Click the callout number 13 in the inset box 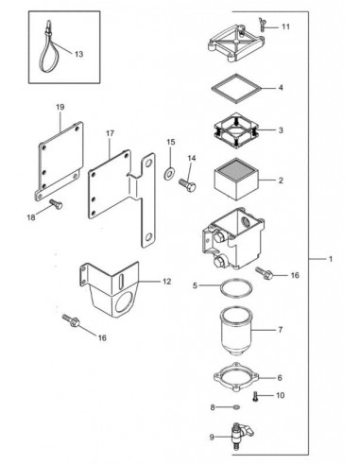tap(78, 55)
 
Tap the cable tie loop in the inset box tap(45, 43)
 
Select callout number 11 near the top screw tap(285, 26)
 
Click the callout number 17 tap(110, 134)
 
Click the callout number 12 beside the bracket tap(166, 282)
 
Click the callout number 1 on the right tap(329, 259)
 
